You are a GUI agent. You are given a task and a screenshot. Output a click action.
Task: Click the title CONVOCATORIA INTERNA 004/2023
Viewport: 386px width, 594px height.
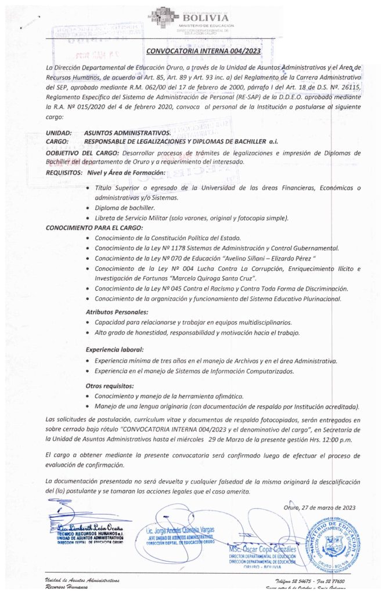[204, 50]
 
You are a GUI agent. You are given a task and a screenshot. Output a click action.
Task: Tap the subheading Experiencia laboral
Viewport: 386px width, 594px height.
[114, 350]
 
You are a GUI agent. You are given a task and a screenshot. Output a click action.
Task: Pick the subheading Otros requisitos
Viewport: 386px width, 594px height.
[110, 386]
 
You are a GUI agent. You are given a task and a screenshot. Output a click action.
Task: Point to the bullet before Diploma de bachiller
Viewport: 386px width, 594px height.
[88, 208]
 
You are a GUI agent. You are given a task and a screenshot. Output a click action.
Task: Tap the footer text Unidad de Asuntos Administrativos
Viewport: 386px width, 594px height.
[82, 579]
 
